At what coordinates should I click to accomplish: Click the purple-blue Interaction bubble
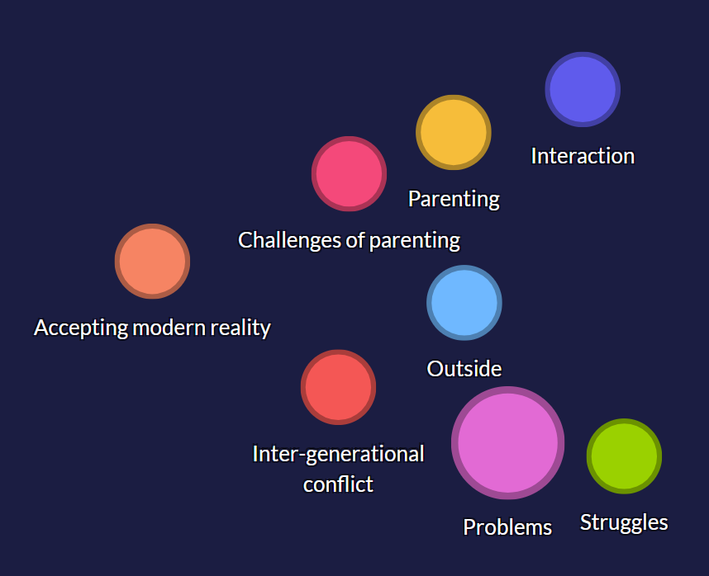(x=583, y=89)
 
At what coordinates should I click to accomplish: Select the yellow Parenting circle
(x=454, y=132)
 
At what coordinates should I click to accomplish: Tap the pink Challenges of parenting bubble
(x=349, y=174)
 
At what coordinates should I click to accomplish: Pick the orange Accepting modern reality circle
(x=152, y=262)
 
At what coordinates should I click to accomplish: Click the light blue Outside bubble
(x=464, y=303)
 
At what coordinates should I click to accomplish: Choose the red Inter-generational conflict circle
(x=338, y=387)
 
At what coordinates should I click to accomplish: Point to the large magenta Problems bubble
(x=507, y=443)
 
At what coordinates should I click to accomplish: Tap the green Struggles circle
(x=624, y=456)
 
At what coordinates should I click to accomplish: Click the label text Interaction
(x=583, y=156)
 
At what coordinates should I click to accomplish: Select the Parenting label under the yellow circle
(x=454, y=199)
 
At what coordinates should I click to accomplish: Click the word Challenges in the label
(x=289, y=240)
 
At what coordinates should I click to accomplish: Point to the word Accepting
(x=81, y=328)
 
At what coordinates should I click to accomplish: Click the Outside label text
(x=464, y=369)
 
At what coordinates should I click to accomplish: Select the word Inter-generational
(x=338, y=454)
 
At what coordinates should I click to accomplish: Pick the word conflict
(x=338, y=485)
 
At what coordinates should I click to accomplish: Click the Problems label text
(x=507, y=527)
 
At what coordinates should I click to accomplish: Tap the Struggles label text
(x=624, y=522)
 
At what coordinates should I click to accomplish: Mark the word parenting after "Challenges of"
(x=415, y=241)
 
